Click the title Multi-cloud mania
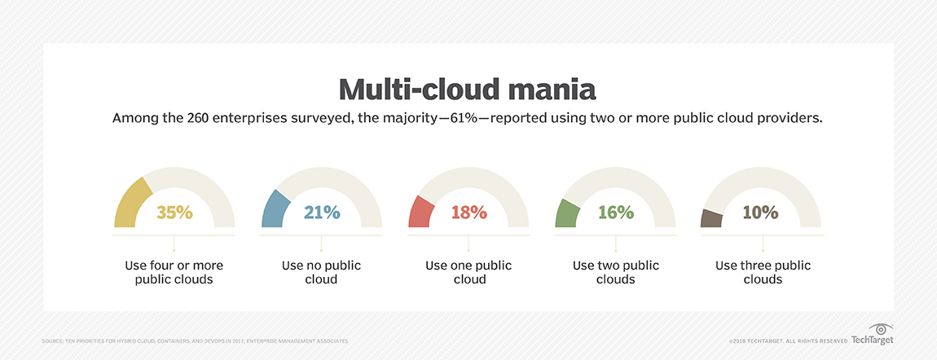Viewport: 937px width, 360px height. click(x=468, y=88)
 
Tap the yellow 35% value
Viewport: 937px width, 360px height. click(x=174, y=213)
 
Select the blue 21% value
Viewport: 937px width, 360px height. click(x=321, y=213)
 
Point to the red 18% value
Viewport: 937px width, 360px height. click(x=468, y=213)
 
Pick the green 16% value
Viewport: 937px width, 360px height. click(x=615, y=213)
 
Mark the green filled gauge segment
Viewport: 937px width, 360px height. click(x=566, y=214)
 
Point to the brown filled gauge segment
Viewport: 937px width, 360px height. click(x=711, y=218)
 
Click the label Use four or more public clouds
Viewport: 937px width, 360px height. click(x=174, y=272)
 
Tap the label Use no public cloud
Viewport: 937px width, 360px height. click(x=321, y=272)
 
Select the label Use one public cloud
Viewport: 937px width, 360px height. click(x=468, y=272)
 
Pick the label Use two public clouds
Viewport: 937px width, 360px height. click(x=615, y=272)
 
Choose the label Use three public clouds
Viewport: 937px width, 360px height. click(x=763, y=272)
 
